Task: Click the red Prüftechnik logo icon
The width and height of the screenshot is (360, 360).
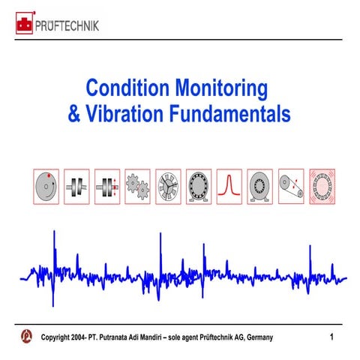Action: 25,25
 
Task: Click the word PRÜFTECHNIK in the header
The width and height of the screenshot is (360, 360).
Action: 68,25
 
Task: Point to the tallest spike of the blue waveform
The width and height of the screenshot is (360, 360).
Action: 53,240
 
